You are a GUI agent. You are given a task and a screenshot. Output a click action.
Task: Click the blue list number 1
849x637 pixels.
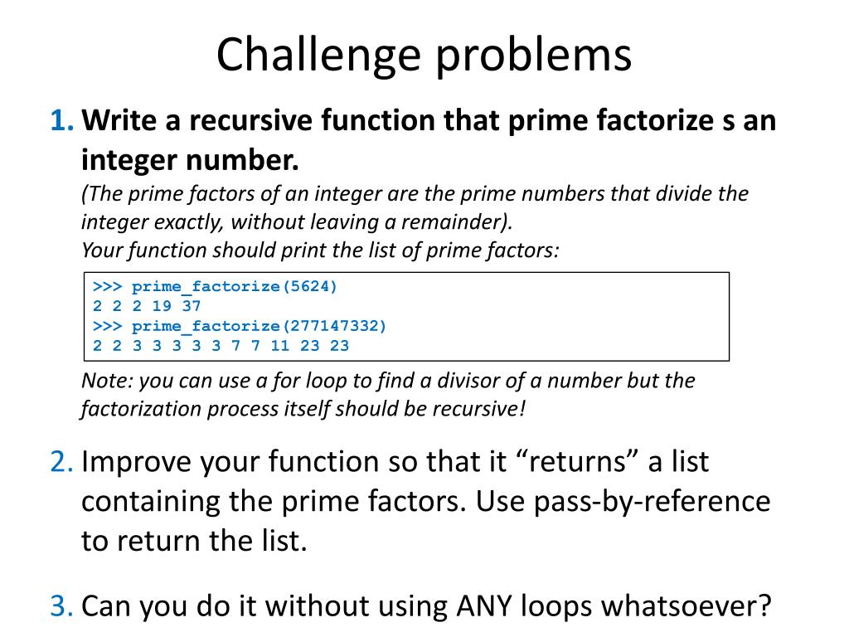click(60, 121)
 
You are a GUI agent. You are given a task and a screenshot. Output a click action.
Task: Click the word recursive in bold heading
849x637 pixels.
click(250, 121)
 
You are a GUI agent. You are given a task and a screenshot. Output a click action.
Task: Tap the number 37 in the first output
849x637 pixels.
click(192, 306)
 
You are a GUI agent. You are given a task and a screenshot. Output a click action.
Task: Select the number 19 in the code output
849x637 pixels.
click(162, 306)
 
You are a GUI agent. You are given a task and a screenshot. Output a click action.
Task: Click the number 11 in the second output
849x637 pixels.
click(280, 346)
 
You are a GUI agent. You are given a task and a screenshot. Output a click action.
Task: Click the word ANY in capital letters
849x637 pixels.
click(486, 606)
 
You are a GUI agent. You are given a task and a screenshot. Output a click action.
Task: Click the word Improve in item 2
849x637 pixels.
click(134, 461)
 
